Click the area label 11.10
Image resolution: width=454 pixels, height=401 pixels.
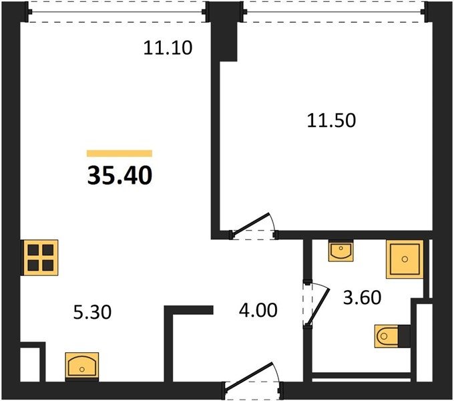point(168,48)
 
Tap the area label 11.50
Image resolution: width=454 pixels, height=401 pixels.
point(331,120)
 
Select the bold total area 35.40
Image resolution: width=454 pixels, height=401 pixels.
point(120,176)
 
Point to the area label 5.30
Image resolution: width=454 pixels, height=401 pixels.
point(92,313)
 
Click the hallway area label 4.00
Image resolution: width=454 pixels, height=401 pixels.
point(258,310)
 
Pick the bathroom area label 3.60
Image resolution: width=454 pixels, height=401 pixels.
point(362,297)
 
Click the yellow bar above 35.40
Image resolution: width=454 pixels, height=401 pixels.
point(120,153)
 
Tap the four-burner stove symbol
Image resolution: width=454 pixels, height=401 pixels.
point(41,257)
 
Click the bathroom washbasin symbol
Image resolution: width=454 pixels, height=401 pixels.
point(340,251)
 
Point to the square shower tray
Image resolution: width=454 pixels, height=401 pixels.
point(405,259)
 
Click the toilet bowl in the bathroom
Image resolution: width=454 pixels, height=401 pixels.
point(387,336)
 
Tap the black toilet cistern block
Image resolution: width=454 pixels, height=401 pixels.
point(404,336)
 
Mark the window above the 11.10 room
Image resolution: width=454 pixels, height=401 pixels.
point(117,12)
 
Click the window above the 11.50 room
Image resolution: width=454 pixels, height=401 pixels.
point(334,12)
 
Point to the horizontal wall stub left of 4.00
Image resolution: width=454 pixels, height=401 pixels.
point(189,310)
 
